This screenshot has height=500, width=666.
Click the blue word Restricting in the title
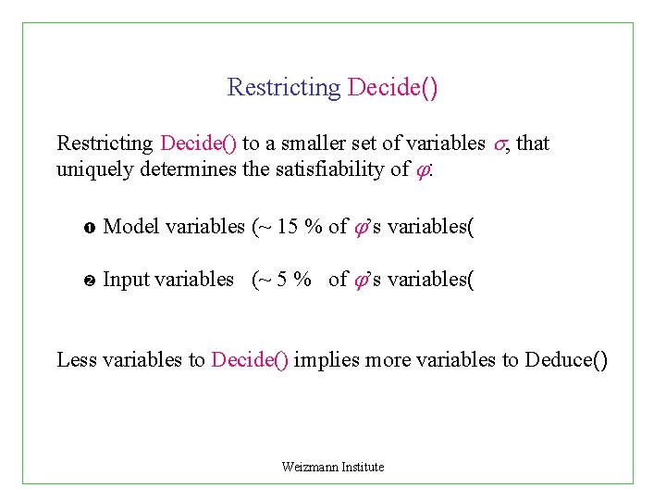(284, 88)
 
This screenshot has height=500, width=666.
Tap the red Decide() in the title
(392, 88)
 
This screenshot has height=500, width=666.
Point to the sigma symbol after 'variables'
(501, 144)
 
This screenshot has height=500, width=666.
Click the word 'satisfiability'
(330, 169)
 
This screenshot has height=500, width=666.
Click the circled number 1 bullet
(81, 227)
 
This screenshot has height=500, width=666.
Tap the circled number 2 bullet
(81, 281)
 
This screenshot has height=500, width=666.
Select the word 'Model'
(129, 226)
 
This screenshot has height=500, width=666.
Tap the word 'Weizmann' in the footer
(310, 467)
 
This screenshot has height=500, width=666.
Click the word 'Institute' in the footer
(363, 467)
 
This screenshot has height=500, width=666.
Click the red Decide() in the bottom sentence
(251, 359)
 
